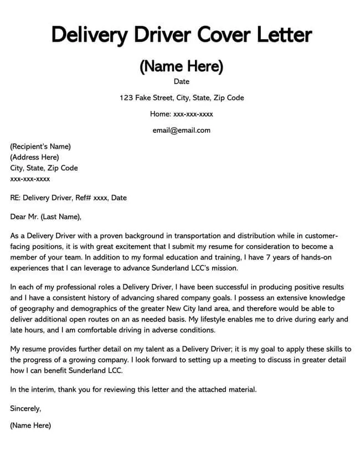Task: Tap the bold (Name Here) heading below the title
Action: coord(181,66)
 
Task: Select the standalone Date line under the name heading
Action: coord(182,82)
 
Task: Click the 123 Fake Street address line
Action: coord(182,98)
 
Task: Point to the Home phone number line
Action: coord(182,114)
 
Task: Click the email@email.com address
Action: coord(182,131)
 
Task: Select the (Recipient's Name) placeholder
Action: coord(40,147)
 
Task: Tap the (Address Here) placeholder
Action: coord(34,157)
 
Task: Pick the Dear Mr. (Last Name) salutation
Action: coord(46,216)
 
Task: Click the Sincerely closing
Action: coord(25,409)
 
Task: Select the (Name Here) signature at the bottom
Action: coord(30,426)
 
